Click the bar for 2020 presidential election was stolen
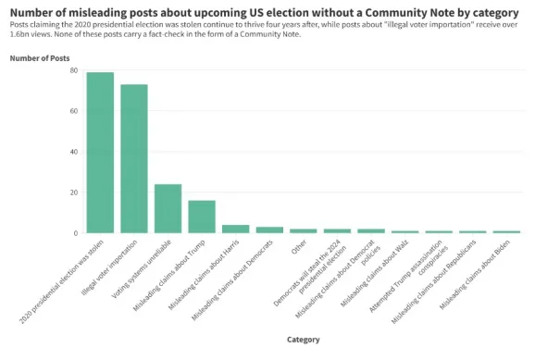[100, 153]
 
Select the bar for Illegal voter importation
[134, 158]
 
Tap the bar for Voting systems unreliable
[168, 208]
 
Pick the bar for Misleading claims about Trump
[202, 217]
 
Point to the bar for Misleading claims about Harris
[235, 229]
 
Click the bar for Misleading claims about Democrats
[269, 230]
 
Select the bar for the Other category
[303, 230]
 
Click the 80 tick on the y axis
[73, 70]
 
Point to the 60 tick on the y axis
[73, 111]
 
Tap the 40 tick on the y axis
[73, 152]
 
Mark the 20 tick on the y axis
[73, 192]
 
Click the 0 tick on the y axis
[76, 233]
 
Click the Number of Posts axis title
[40, 57]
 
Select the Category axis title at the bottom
[303, 340]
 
